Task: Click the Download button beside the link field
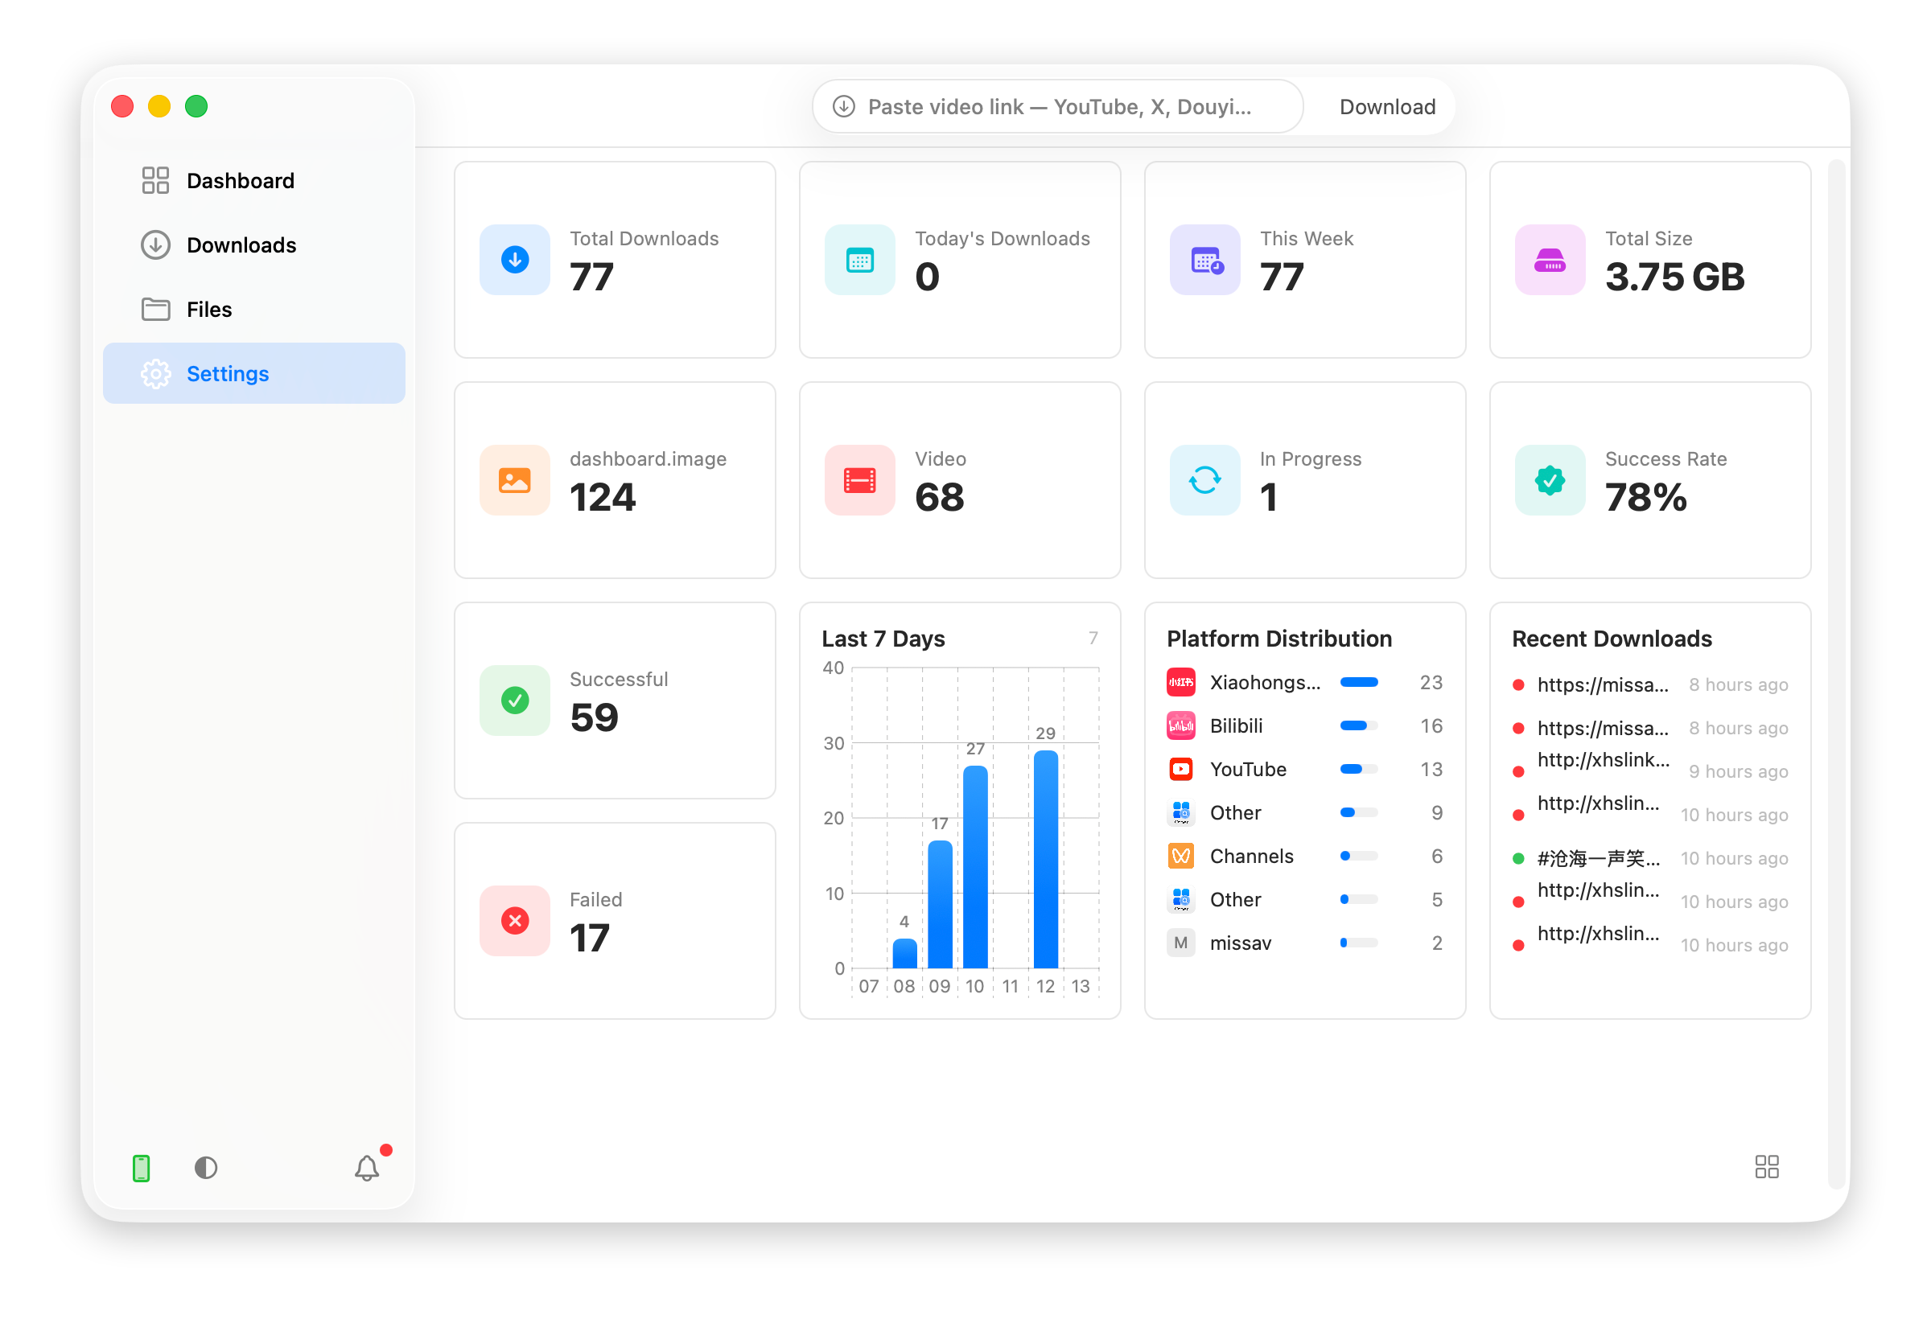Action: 1387,107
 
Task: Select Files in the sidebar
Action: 208,310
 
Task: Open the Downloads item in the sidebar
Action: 241,245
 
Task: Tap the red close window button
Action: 122,106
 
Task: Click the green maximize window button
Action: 196,106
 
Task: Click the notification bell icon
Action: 366,1168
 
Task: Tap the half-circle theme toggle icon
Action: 206,1168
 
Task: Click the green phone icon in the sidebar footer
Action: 142,1168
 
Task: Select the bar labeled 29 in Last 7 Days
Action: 1045,859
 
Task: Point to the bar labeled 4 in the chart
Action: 904,954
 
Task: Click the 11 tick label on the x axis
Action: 1010,986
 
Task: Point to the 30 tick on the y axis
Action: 834,743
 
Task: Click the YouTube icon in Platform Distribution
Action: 1180,769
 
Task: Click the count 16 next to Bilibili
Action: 1431,726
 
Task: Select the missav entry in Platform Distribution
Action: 1240,943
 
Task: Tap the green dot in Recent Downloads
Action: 1517,859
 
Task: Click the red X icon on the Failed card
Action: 515,920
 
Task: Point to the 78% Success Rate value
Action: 1645,498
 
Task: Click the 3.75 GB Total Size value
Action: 1674,277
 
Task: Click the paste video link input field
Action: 1057,107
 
